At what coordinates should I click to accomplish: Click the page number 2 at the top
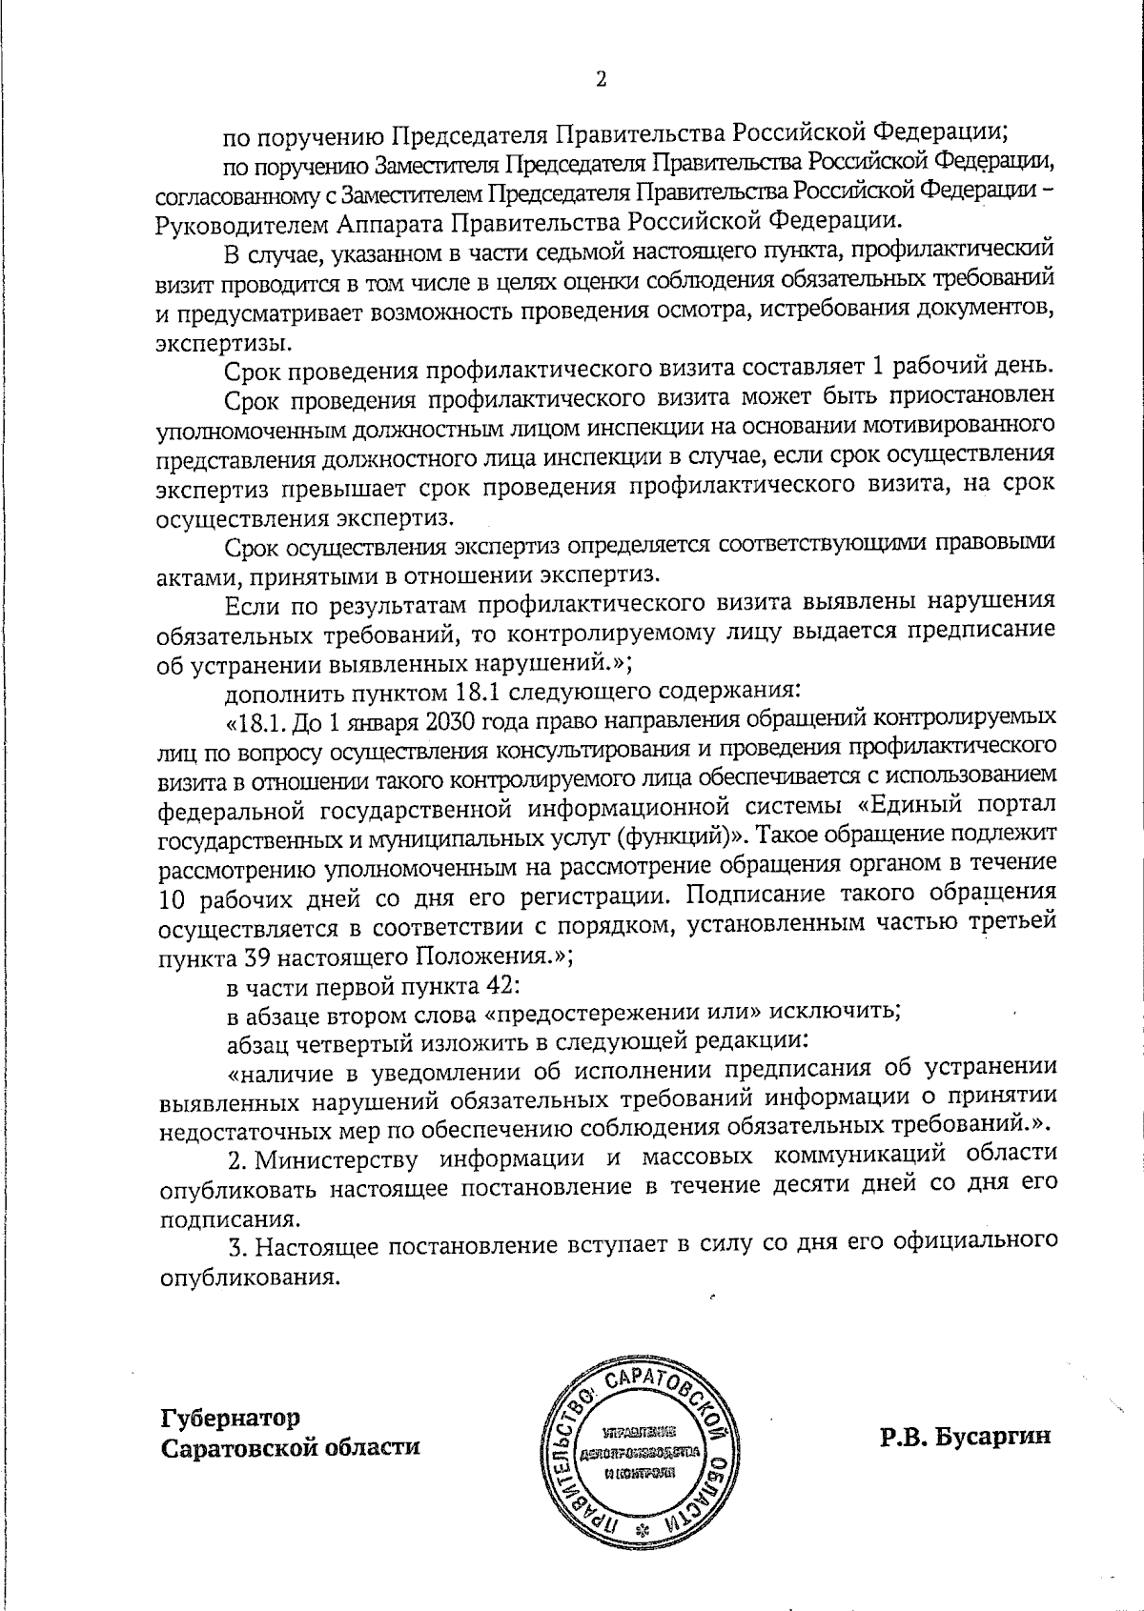pyautogui.click(x=601, y=79)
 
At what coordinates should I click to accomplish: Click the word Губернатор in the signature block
pyautogui.click(x=230, y=1418)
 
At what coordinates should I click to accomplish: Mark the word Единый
pyautogui.click(x=896, y=806)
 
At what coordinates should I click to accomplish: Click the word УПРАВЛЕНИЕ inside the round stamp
pyautogui.click(x=639, y=1431)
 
